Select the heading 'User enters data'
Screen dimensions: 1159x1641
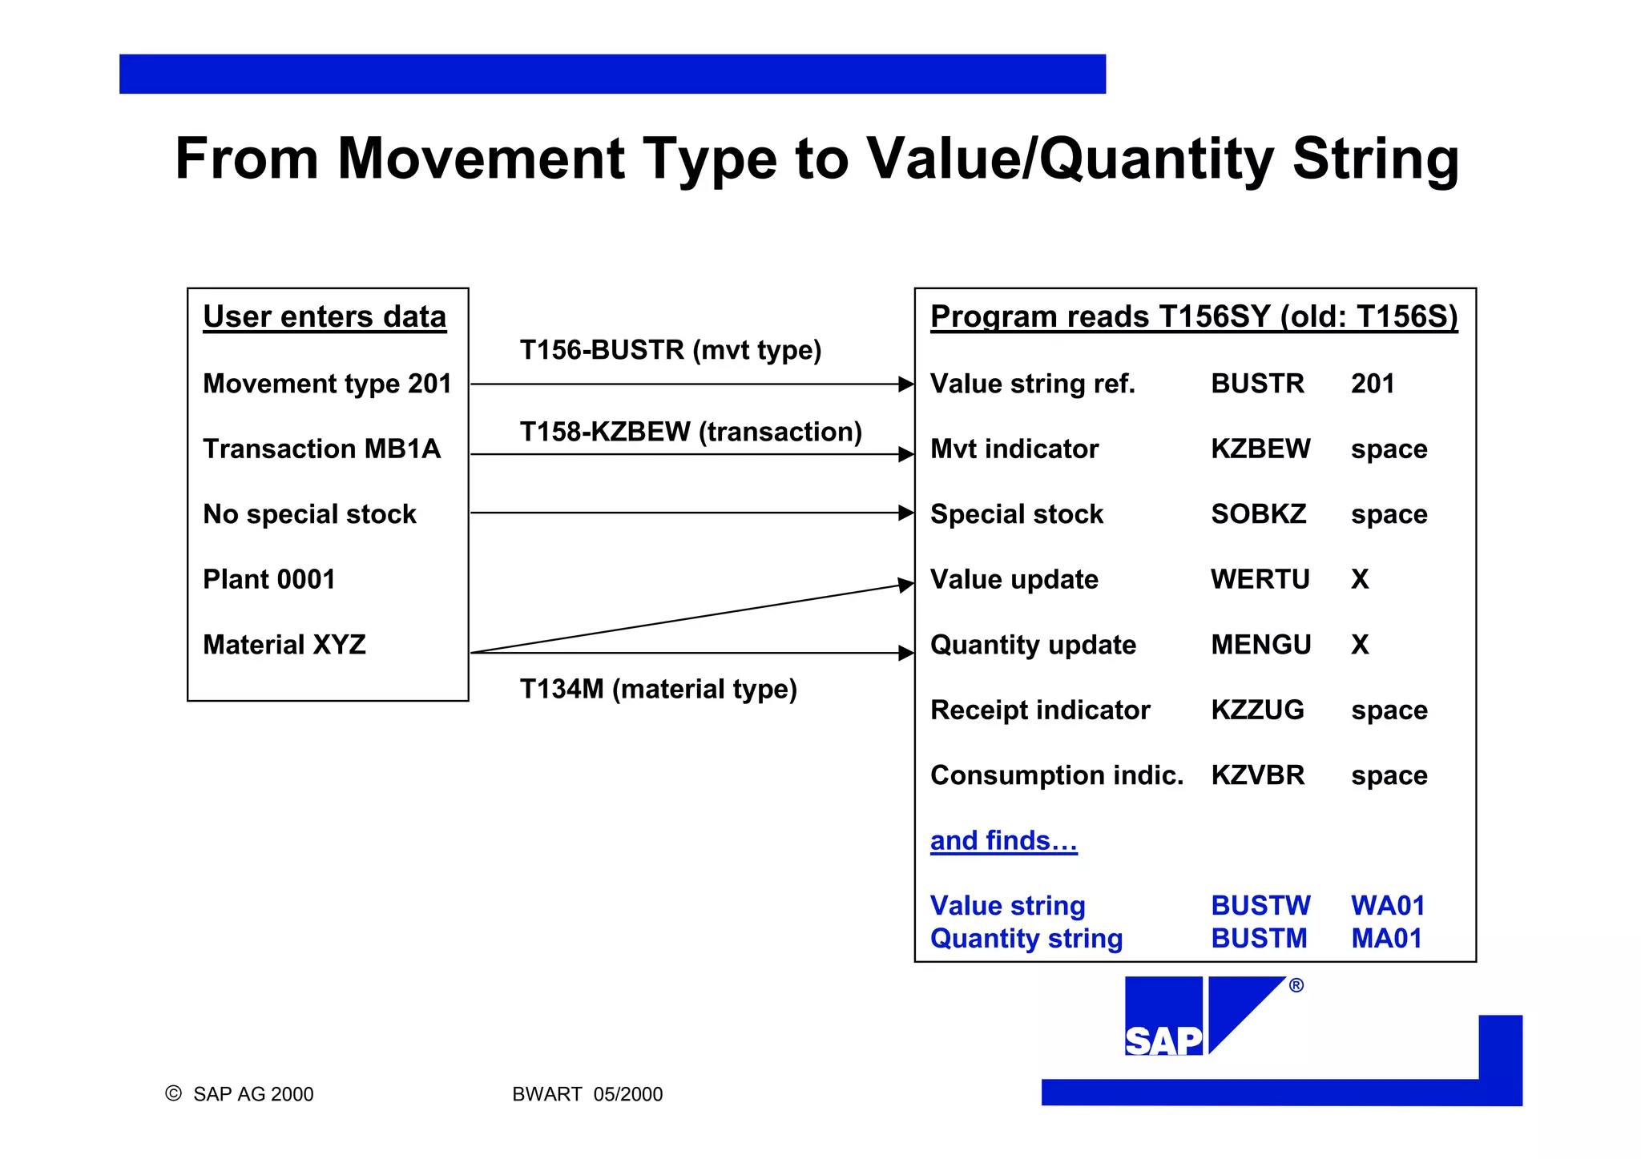pyautogui.click(x=325, y=317)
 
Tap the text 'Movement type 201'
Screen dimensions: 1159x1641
pyautogui.click(x=327, y=384)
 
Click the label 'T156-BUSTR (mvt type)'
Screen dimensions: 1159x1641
pyautogui.click(x=671, y=350)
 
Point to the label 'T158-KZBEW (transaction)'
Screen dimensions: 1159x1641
pyautogui.click(x=691, y=432)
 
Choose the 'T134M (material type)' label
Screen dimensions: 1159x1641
pyautogui.click(x=658, y=689)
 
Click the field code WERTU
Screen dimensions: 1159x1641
pyautogui.click(x=1260, y=579)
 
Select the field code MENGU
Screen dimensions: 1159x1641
pyautogui.click(x=1260, y=645)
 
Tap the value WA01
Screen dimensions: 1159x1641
pyautogui.click(x=1388, y=906)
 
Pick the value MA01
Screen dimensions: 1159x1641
pyautogui.click(x=1386, y=939)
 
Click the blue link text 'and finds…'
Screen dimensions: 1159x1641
pyautogui.click(x=1003, y=841)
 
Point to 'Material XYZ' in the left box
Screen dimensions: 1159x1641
pyautogui.click(x=284, y=645)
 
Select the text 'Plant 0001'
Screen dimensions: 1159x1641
pyautogui.click(x=269, y=579)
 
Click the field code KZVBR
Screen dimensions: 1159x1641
pyautogui.click(x=1257, y=775)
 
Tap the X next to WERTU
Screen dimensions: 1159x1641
pyautogui.click(x=1360, y=579)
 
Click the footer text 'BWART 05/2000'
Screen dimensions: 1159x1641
pyautogui.click(x=587, y=1094)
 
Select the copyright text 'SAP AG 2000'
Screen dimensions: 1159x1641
pyautogui.click(x=252, y=1094)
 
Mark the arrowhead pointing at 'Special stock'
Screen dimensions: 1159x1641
pyautogui.click(x=906, y=513)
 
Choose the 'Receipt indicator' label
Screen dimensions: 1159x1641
pyautogui.click(x=1040, y=710)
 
